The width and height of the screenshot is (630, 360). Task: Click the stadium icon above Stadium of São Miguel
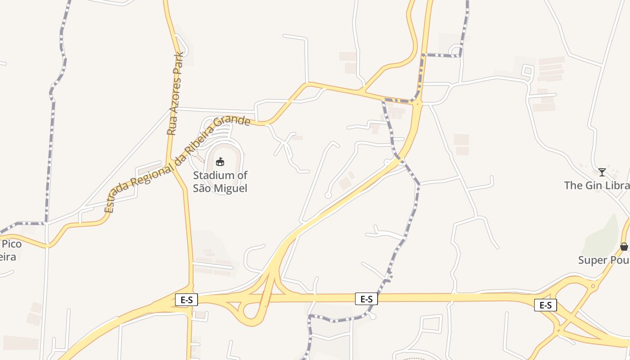point(220,162)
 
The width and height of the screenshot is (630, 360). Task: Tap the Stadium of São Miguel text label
point(220,182)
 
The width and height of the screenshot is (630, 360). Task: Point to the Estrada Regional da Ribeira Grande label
point(177,164)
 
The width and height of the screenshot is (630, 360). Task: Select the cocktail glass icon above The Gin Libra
point(602,172)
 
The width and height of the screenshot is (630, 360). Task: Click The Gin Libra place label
point(597,185)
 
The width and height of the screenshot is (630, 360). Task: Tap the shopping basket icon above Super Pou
point(624,247)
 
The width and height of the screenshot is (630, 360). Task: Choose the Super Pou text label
point(603,260)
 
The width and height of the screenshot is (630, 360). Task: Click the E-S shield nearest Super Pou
point(545,305)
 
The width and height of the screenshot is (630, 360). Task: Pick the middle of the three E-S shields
point(366,299)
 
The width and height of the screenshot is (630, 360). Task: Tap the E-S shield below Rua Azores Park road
point(186,300)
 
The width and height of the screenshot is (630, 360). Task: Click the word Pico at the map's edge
point(12,244)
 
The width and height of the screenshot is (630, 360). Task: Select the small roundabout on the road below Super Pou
point(593,286)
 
